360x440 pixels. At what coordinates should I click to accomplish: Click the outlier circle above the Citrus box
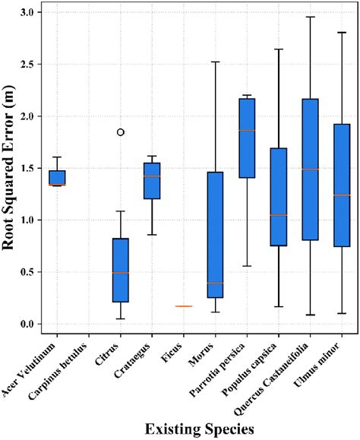click(x=120, y=132)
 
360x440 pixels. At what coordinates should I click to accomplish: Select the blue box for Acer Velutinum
click(x=57, y=177)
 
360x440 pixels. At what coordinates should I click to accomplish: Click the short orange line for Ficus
click(x=184, y=306)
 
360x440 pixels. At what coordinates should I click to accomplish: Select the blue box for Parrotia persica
click(x=247, y=138)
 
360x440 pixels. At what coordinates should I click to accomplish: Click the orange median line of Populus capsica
click(x=279, y=215)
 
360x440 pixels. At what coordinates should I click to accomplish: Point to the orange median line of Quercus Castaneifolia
click(x=310, y=169)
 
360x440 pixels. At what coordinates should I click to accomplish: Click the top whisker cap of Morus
click(x=215, y=62)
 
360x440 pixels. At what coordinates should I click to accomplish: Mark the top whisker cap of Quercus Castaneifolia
click(x=310, y=17)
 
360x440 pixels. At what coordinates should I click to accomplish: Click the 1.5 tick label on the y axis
click(x=28, y=168)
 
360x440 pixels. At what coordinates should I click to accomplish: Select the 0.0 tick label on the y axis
click(x=28, y=324)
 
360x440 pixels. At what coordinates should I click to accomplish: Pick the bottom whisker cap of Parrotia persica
click(x=247, y=266)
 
